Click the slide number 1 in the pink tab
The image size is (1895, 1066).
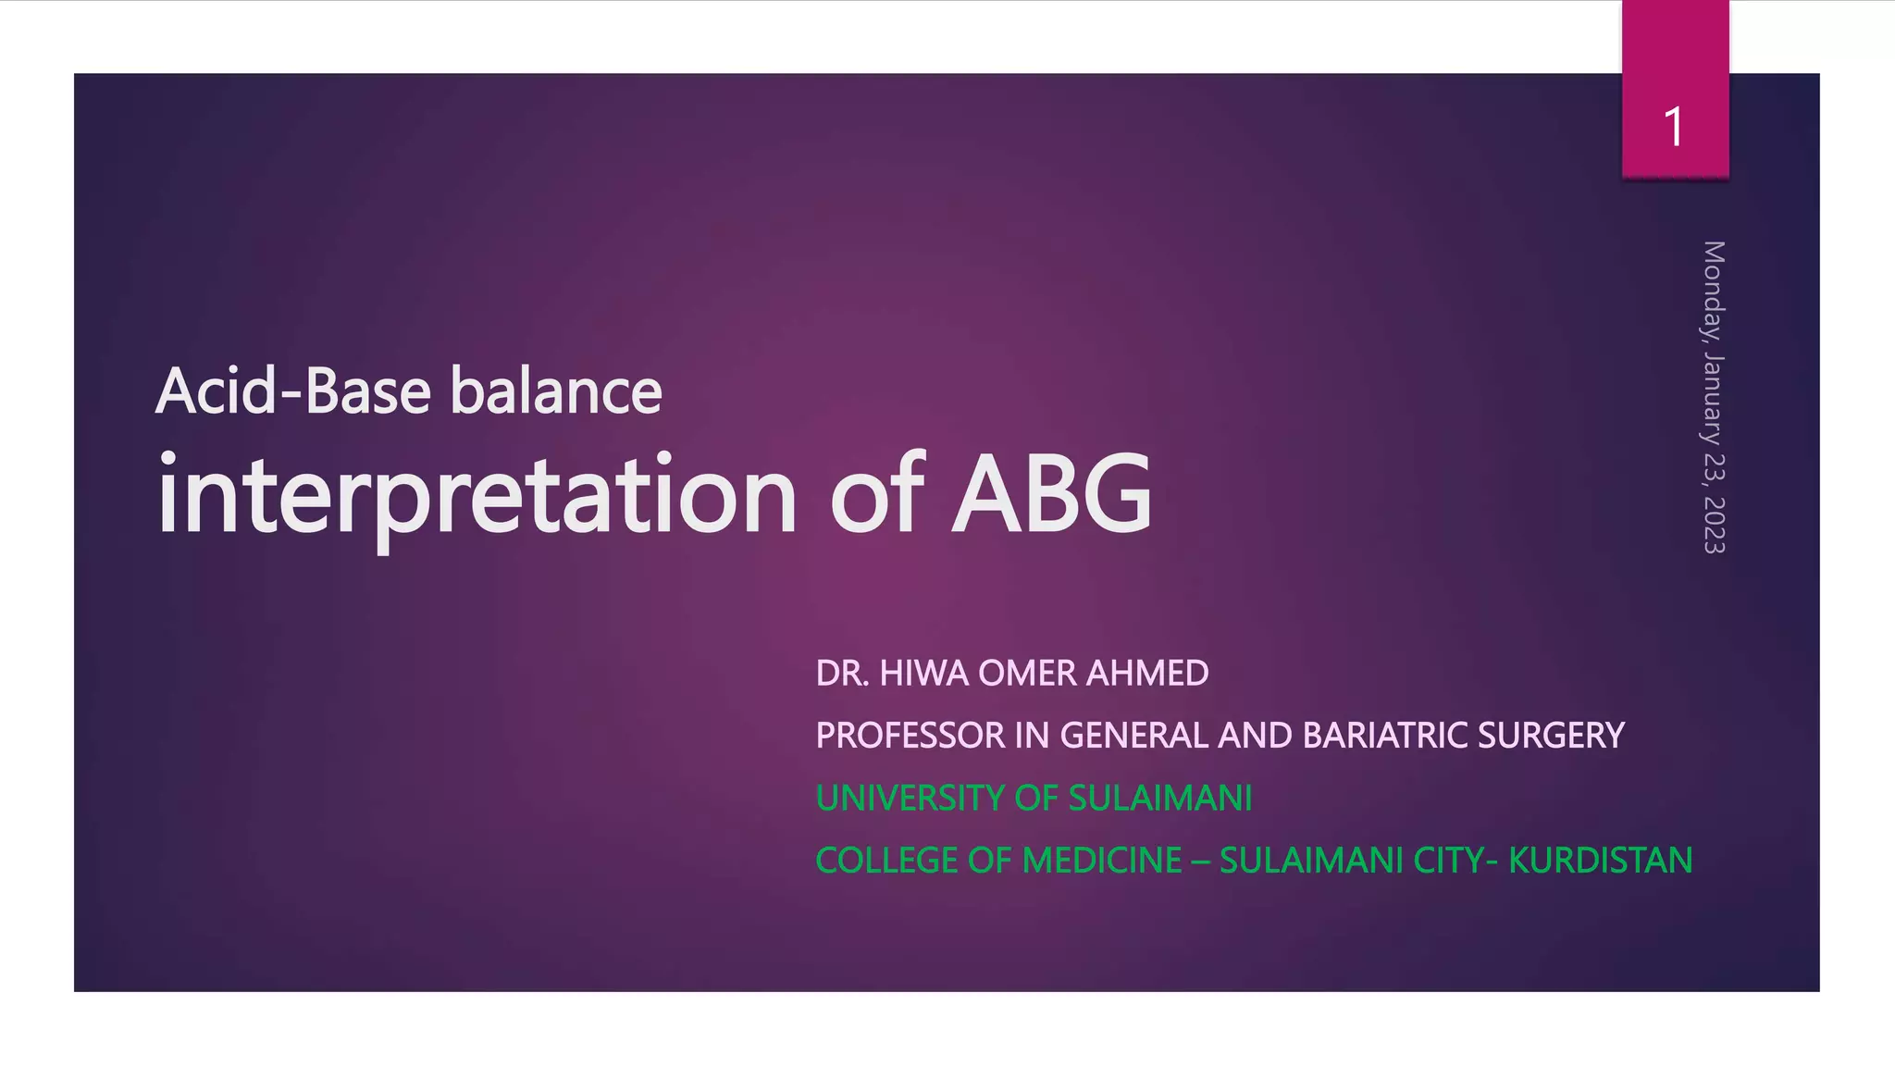pos(1673,127)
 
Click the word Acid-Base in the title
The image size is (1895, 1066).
pos(293,391)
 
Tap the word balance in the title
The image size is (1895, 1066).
pos(556,391)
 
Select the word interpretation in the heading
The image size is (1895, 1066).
pos(477,495)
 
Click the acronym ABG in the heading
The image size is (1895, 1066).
pos(1052,495)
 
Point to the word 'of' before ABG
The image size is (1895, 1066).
pos(876,495)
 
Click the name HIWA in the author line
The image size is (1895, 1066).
pos(924,674)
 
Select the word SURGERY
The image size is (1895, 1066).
pos(1551,736)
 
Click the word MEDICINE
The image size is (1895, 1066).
pos(1102,861)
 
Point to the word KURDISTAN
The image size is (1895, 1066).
pos(1600,861)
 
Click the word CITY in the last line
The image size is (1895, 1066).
pos(1446,861)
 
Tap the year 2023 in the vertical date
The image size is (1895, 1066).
pos(1714,525)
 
